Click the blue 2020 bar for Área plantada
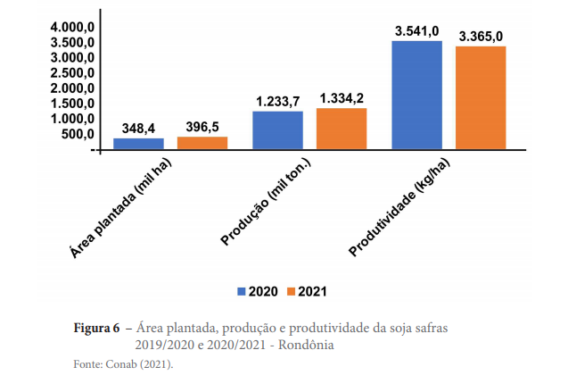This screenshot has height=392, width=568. (138, 144)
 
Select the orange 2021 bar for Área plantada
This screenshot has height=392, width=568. (202, 143)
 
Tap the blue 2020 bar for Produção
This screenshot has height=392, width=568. (277, 130)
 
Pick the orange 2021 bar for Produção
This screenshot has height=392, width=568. (342, 129)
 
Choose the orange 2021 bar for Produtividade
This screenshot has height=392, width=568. (481, 97)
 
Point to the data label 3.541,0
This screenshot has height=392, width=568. (417, 32)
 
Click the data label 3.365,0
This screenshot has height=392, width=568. (482, 37)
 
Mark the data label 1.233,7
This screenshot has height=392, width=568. (278, 102)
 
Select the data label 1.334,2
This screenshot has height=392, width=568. (342, 98)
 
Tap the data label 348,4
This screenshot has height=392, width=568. (139, 129)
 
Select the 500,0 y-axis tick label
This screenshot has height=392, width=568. (78, 134)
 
